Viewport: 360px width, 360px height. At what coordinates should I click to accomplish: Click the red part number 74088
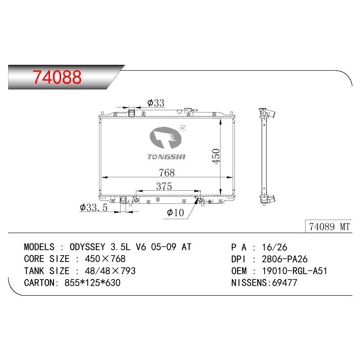point(57,77)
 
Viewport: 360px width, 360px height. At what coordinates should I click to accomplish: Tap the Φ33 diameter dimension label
point(156,103)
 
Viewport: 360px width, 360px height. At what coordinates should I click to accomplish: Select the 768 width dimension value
point(167,173)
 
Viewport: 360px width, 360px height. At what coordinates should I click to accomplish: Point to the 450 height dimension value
point(216,156)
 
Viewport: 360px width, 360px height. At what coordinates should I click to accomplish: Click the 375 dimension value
point(164,186)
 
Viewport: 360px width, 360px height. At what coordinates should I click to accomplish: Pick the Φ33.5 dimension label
point(94,207)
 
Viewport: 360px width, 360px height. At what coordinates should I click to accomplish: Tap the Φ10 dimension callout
point(175,212)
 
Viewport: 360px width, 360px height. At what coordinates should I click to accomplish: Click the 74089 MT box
point(329,226)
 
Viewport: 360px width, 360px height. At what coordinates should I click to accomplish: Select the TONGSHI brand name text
point(166,157)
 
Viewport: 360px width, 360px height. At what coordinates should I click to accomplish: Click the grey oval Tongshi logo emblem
point(166,138)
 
